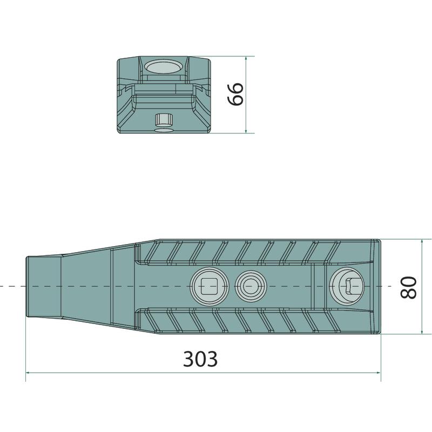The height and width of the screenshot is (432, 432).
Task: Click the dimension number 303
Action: [x=200, y=359]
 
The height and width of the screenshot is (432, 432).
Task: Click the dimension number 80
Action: [x=408, y=287]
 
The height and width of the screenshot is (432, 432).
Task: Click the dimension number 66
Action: [x=235, y=94]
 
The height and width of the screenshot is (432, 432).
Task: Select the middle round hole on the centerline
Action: [x=251, y=286]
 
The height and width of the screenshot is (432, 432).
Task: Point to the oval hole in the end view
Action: [x=164, y=67]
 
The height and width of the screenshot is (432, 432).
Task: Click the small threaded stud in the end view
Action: [x=164, y=119]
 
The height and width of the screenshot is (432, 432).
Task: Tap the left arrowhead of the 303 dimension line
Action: [x=28, y=373]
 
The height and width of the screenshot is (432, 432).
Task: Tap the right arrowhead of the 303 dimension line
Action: [x=379, y=373]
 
